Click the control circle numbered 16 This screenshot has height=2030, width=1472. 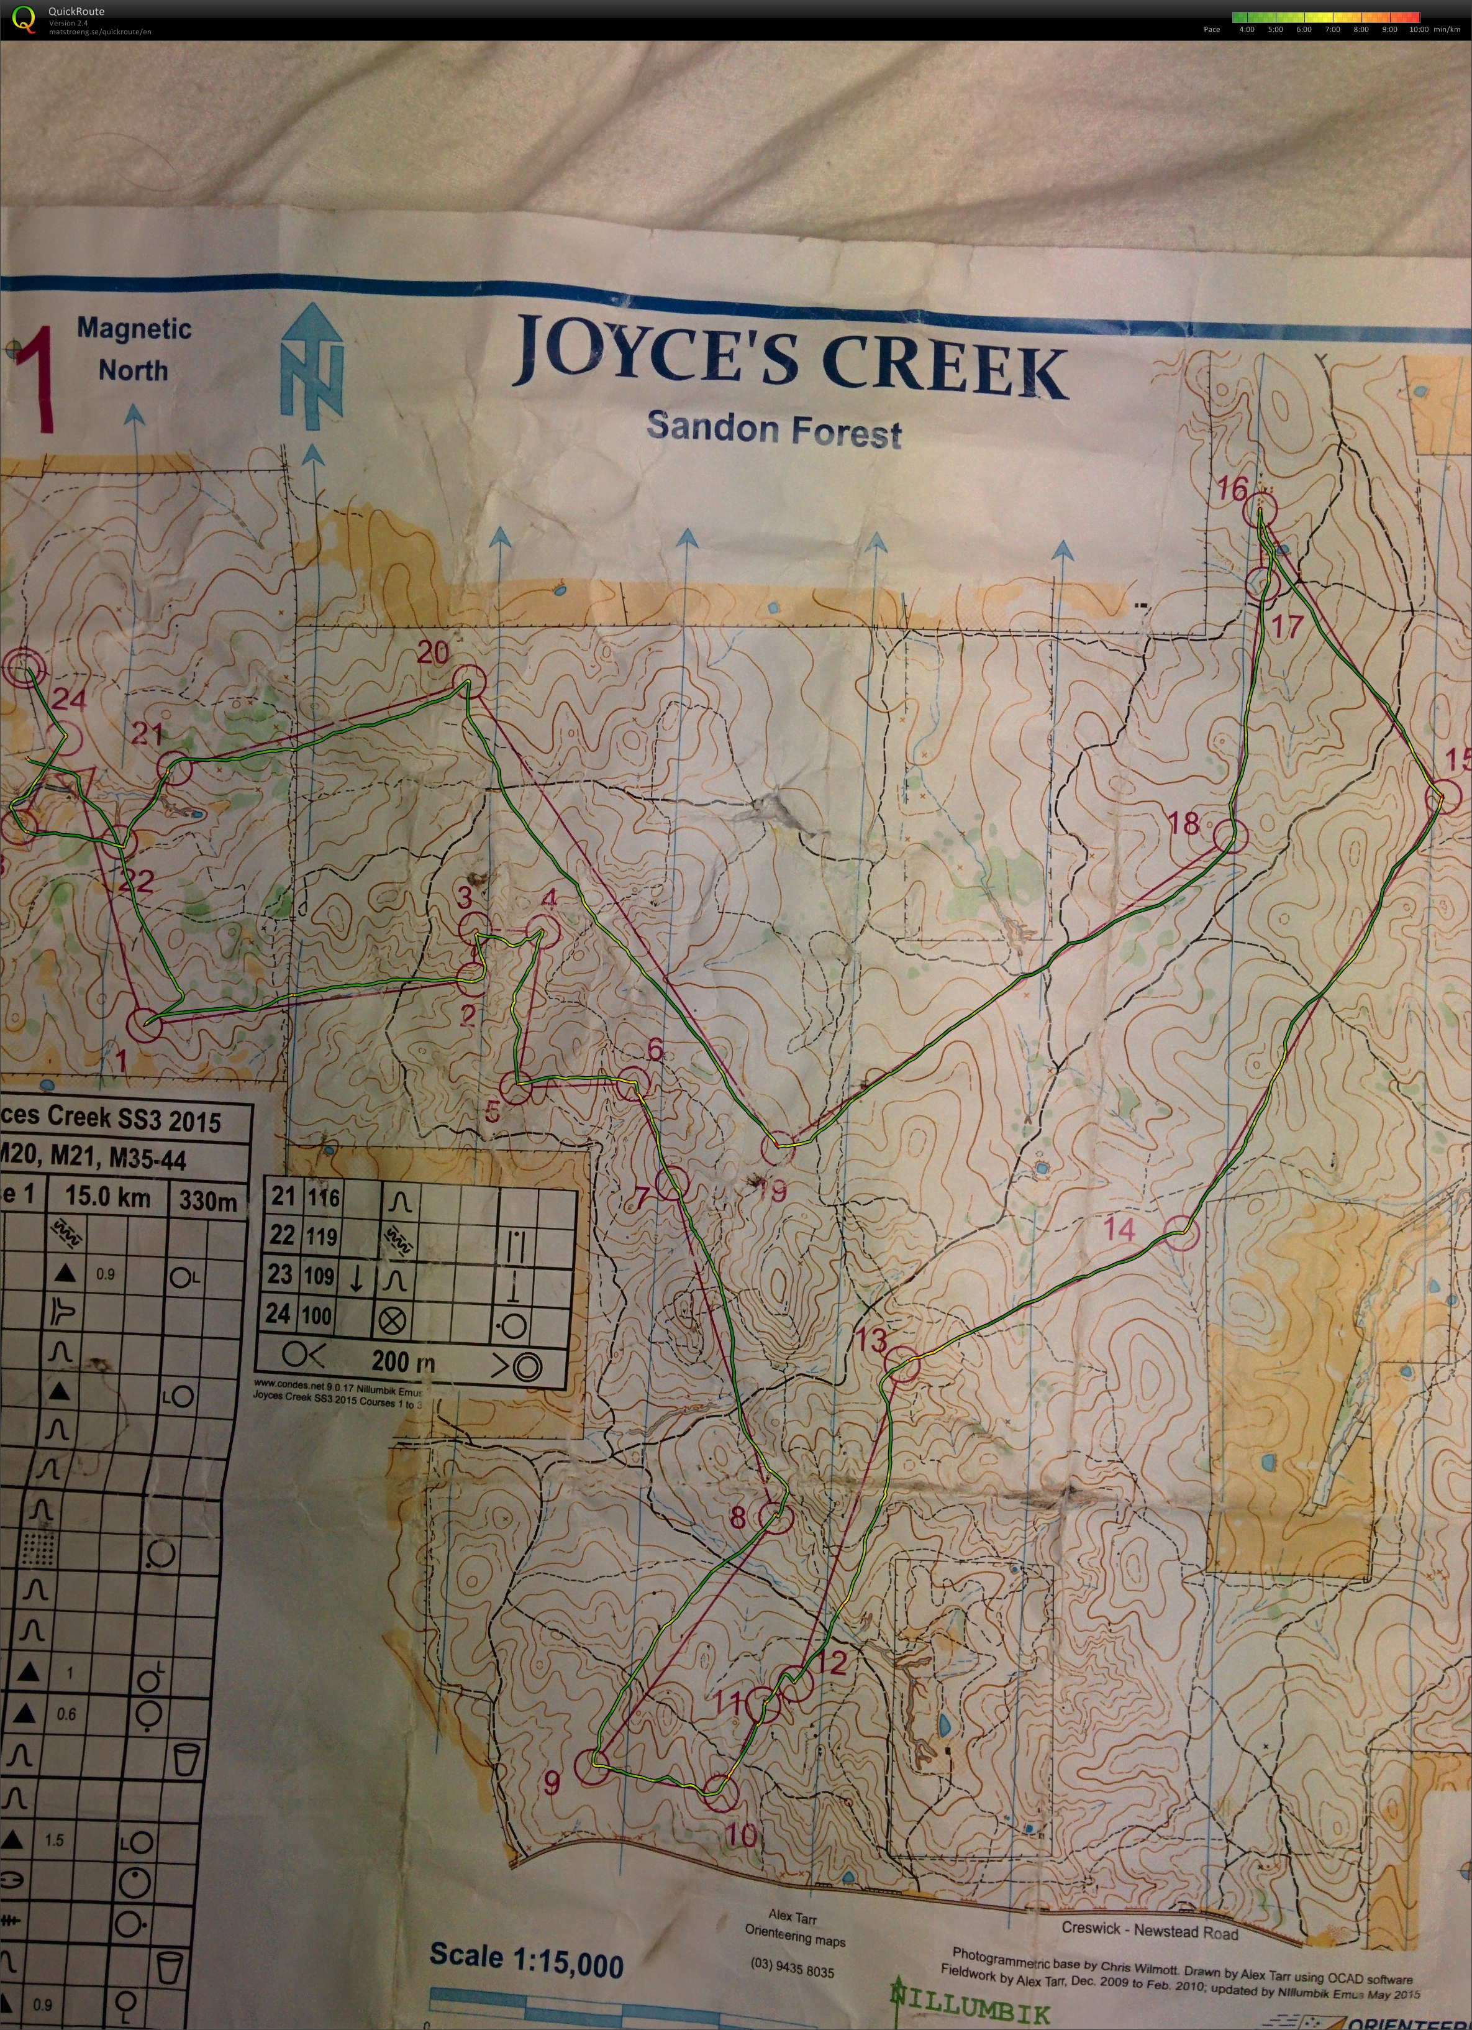[1261, 510]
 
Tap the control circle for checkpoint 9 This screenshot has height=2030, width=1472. [591, 1768]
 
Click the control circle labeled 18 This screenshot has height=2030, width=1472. [1230, 836]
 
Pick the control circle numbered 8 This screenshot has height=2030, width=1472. [775, 1516]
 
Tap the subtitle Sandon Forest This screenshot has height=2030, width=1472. [774, 429]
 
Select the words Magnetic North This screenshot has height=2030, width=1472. [134, 349]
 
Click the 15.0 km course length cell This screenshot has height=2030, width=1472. [107, 1197]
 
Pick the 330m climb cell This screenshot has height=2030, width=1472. [207, 1199]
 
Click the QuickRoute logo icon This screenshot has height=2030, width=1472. [25, 19]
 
